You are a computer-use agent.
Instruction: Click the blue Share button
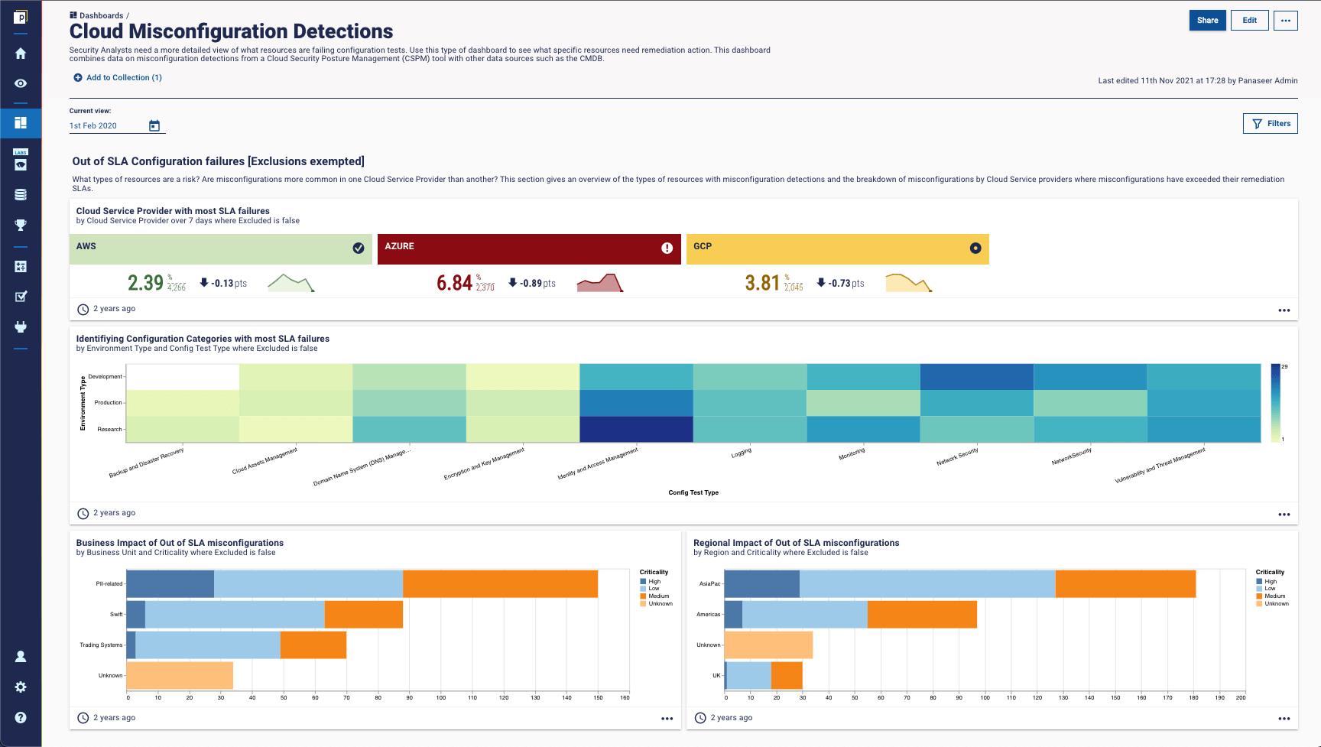tap(1207, 21)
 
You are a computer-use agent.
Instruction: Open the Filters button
tap(1270, 124)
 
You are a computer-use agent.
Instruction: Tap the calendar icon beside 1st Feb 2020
tap(154, 126)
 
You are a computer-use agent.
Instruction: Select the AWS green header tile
tap(220, 249)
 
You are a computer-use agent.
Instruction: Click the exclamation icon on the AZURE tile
tap(667, 248)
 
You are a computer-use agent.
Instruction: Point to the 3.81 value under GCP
tap(762, 284)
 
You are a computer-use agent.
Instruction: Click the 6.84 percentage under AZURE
tap(454, 284)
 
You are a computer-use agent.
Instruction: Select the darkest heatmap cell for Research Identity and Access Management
tap(636, 429)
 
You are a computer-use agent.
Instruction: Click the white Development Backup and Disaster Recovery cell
tap(183, 377)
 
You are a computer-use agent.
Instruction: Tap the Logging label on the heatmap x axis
tap(741, 453)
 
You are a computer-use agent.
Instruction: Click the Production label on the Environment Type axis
tap(108, 403)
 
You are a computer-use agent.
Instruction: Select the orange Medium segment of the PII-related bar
tap(500, 584)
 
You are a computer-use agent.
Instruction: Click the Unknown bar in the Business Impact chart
tap(180, 676)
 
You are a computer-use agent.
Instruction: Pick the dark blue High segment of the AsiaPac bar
tap(761, 584)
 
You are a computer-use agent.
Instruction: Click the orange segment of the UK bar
tap(787, 676)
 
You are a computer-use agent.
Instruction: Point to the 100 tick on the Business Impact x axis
tap(441, 697)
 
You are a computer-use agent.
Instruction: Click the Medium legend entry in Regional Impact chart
tap(1274, 596)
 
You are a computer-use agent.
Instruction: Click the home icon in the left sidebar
tap(21, 54)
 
